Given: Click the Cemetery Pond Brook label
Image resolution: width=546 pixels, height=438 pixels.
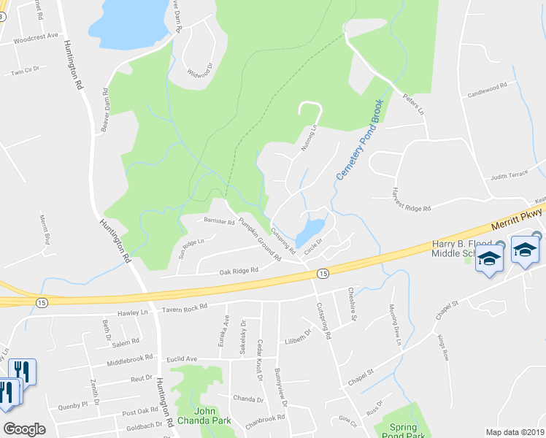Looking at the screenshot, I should (359, 141).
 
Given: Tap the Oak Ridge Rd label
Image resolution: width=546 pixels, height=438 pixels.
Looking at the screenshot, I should (239, 271).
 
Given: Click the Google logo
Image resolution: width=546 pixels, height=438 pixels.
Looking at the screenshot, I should (24, 429).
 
